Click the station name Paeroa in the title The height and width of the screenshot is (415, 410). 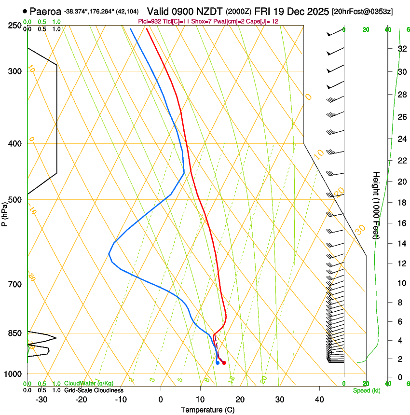(45, 11)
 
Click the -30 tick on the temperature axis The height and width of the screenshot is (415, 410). (42, 400)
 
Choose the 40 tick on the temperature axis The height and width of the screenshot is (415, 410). (319, 400)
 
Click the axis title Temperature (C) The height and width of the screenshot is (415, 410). (207, 410)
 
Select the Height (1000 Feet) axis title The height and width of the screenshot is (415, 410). (376, 205)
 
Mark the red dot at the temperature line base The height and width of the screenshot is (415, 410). (224, 362)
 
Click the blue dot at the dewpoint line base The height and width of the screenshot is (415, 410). (218, 362)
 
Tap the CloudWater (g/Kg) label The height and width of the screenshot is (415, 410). (89, 384)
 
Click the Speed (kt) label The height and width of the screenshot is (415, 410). (366, 390)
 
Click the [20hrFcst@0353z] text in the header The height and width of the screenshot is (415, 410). (362, 11)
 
